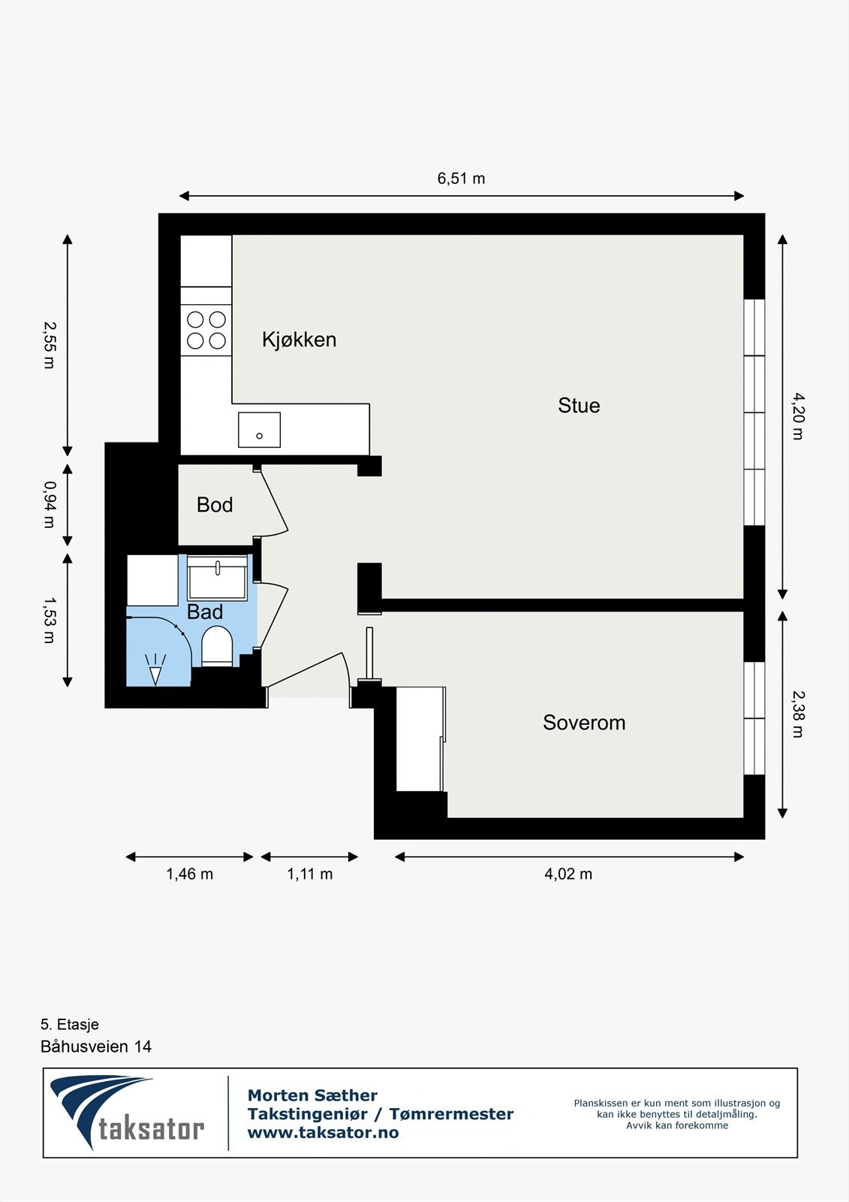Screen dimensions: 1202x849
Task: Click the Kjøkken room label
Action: coord(299,340)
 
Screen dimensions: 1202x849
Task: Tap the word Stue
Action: coord(579,406)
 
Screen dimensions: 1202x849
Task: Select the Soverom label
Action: coord(584,723)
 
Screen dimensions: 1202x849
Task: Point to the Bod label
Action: coord(215,505)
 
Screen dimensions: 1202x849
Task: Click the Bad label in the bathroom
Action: coord(205,612)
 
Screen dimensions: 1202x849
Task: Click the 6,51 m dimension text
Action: coord(461,179)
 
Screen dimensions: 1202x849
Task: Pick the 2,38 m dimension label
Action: coord(797,714)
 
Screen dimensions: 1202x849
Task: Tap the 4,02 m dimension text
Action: coord(568,874)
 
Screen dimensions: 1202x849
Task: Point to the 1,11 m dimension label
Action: coord(309,874)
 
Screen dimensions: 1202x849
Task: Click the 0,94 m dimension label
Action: coord(50,504)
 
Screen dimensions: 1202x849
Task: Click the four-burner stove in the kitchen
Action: coord(206,330)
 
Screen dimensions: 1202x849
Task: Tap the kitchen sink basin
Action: coord(259,430)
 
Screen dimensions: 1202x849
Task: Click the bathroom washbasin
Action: coord(217,578)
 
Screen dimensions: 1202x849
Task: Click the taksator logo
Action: coord(128,1113)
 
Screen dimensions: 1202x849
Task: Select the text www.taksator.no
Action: coord(323,1133)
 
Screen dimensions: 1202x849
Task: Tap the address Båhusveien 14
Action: coord(96,1046)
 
